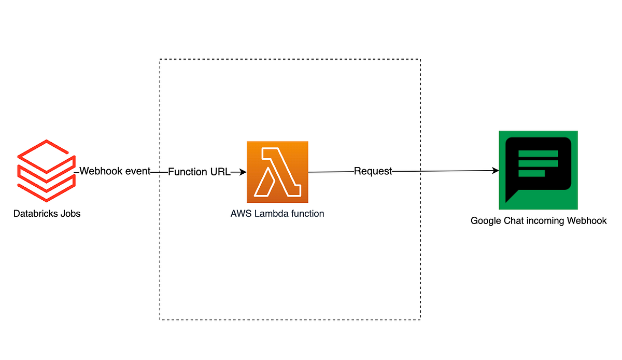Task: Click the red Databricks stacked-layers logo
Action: [45, 170]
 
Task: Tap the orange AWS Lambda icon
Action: [277, 172]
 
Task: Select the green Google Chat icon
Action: [538, 170]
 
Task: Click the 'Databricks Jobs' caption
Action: [47, 213]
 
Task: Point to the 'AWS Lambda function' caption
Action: [277, 213]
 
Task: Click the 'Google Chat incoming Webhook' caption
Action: [539, 220]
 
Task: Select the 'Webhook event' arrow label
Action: [115, 171]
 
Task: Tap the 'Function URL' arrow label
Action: [199, 172]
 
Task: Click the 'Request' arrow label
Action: [373, 171]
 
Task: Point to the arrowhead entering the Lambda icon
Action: [242, 172]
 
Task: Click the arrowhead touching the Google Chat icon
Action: [495, 170]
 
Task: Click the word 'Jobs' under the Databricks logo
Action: [70, 213]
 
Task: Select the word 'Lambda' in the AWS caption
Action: [270, 213]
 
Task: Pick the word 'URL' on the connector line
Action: [220, 172]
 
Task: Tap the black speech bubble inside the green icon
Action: [538, 165]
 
